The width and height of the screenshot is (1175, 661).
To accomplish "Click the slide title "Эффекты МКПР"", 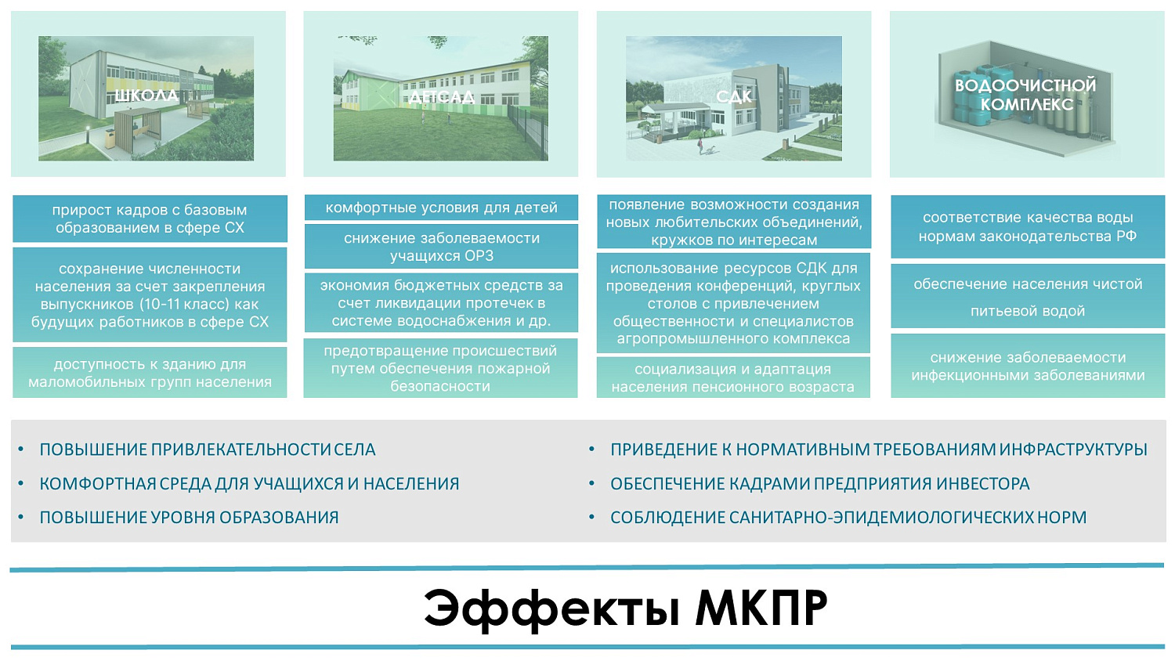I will click(625, 608).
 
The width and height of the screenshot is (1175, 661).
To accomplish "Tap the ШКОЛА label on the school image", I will click(146, 96).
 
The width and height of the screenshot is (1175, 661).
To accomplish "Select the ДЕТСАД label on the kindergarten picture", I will click(441, 97).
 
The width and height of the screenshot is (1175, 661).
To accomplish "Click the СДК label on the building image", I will click(734, 96).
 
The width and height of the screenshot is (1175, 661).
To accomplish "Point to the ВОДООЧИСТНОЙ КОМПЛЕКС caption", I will click(1026, 95).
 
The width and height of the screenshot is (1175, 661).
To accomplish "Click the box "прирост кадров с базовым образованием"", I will click(150, 219).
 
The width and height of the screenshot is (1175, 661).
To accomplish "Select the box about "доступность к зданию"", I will click(150, 373).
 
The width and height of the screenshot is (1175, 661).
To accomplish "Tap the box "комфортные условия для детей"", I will click(441, 208).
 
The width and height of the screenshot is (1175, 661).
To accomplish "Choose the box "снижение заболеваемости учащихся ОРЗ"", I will click(441, 247).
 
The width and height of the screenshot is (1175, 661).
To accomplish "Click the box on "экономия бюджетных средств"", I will click(441, 303).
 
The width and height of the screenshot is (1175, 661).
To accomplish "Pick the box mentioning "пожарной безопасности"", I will click(441, 368).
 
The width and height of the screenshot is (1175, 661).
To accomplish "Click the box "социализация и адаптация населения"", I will click(733, 377).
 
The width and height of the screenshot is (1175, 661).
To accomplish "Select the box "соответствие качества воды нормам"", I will click(1028, 226).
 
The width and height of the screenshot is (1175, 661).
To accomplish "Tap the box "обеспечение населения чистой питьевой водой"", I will click(1028, 297).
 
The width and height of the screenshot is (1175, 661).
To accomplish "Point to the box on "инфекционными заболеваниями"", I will click(1028, 367).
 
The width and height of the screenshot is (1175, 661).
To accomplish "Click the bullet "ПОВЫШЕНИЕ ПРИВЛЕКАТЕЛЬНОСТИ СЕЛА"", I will click(208, 450).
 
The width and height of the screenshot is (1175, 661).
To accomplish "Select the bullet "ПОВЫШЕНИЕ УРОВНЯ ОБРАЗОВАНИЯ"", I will click(189, 518).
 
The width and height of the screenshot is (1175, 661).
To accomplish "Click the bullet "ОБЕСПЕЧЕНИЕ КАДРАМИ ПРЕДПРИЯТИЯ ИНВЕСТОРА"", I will click(819, 484).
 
